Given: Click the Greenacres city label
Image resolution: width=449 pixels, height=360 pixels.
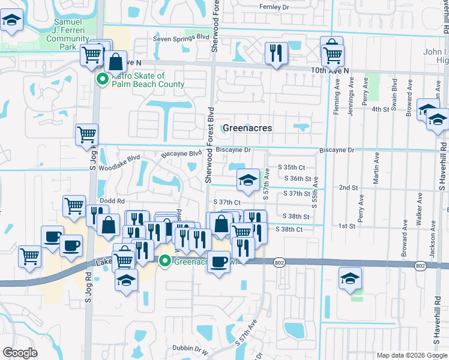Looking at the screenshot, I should [x=247, y=128].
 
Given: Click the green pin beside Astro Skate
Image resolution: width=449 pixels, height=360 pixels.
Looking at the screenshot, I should [x=103, y=78].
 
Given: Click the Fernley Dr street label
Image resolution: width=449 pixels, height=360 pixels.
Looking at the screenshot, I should [x=274, y=7].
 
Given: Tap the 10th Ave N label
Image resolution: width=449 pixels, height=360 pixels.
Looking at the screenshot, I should [x=330, y=71].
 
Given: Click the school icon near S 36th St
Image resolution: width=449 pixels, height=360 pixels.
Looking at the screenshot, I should [x=247, y=179].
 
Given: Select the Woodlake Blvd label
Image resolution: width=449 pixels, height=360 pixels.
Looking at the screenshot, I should [x=120, y=161].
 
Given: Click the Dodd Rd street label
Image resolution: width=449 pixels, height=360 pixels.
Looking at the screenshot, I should [x=112, y=201].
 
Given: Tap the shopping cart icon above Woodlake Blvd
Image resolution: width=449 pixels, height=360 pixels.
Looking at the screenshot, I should [x=87, y=135].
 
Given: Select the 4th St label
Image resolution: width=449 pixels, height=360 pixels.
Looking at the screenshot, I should [x=381, y=109].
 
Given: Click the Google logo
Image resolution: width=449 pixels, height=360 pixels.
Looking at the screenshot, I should [x=20, y=353].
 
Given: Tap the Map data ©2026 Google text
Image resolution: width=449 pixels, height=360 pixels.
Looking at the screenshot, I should [x=411, y=355].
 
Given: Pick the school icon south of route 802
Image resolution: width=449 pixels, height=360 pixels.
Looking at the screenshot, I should [x=351, y=279].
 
